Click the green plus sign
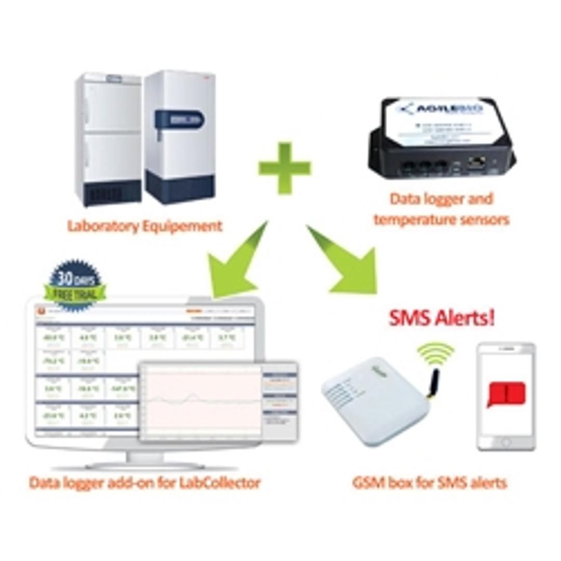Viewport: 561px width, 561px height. pyautogui.click(x=285, y=168)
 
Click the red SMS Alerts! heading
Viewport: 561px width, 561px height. pyautogui.click(x=442, y=318)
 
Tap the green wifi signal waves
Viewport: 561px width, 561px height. pyautogui.click(x=435, y=353)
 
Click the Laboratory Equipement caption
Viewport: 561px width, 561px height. pyautogui.click(x=145, y=226)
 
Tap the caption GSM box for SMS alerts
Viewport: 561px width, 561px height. pyautogui.click(x=429, y=483)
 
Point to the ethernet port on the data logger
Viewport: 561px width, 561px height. pyautogui.click(x=473, y=162)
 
